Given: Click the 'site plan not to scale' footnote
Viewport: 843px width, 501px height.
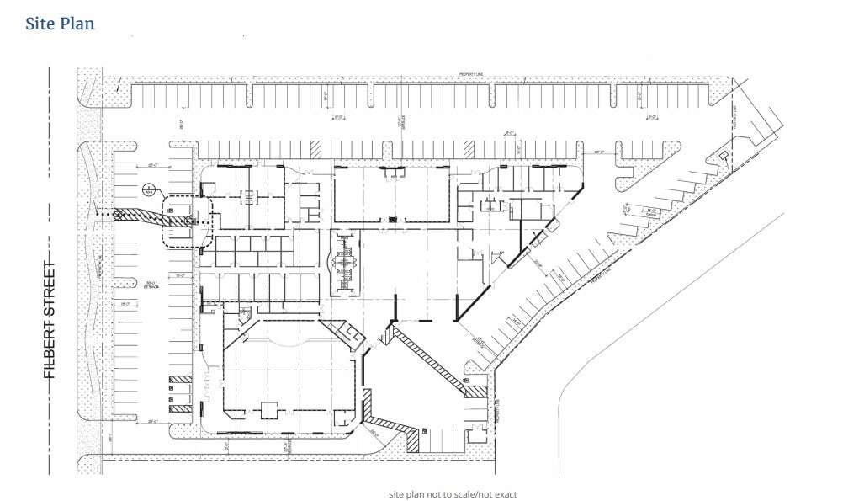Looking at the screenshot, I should pos(453,494).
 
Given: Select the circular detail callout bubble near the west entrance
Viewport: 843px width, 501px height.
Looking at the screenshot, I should pos(149,189).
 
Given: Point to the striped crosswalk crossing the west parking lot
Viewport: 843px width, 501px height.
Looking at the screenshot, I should pos(143,218).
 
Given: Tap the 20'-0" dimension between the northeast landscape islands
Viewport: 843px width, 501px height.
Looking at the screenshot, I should pos(599,152).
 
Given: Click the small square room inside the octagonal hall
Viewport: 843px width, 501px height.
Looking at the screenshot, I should pos(269,410).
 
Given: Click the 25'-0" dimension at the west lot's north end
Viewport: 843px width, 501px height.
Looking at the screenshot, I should pos(155,153).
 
